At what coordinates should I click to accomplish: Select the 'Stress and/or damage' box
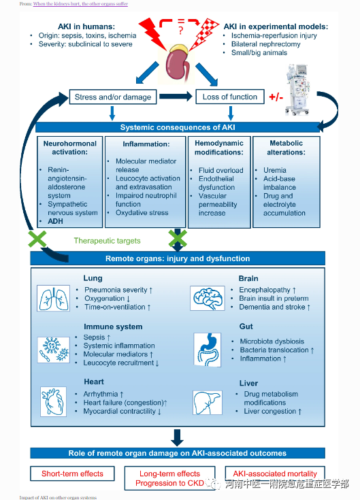tap(113, 97)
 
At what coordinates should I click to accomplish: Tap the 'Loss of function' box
tap(230, 97)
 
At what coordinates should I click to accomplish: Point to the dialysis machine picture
tap(297, 89)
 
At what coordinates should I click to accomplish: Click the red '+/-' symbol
tap(276, 97)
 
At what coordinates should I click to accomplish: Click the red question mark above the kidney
tap(181, 31)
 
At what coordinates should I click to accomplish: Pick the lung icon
tap(53, 298)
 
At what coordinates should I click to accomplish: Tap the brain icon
tap(208, 298)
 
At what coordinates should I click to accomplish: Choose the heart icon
tap(53, 401)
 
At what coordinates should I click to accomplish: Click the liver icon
tap(208, 403)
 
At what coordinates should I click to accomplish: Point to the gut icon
tap(208, 350)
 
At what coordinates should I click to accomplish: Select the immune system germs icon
tap(53, 350)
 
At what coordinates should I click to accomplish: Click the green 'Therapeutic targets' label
tap(107, 241)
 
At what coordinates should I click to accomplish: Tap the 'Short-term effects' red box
tap(72, 473)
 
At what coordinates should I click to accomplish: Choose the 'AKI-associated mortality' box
tap(275, 473)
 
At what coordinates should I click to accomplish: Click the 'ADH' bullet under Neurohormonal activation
tap(56, 221)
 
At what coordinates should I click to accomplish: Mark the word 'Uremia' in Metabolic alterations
tap(275, 170)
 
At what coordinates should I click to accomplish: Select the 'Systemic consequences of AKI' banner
tap(178, 127)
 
